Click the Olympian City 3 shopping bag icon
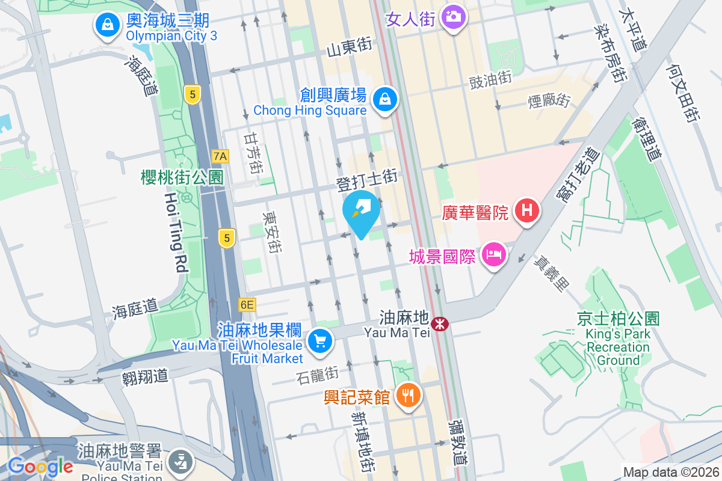(106, 26)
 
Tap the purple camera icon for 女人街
(454, 16)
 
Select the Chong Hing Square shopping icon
(384, 100)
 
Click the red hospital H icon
(527, 211)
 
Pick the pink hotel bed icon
(494, 255)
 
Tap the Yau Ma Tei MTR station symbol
(441, 324)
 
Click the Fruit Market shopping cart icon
(319, 342)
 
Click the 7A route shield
(220, 156)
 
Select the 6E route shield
(247, 305)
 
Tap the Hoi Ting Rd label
(176, 232)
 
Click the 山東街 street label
(349, 48)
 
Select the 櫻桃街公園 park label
(182, 177)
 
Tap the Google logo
(40, 467)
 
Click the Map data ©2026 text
(670, 472)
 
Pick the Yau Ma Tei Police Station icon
(179, 461)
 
